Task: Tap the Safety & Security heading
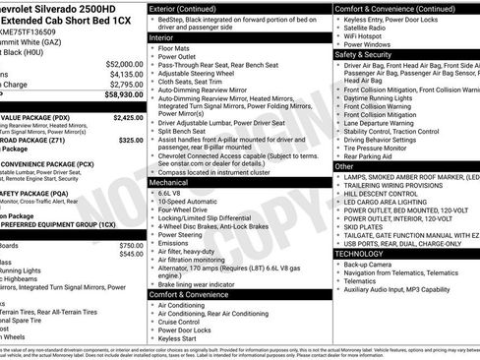364,55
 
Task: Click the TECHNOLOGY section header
365,253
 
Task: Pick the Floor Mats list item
173,47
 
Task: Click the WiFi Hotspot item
368,35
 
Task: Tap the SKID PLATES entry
366,225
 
